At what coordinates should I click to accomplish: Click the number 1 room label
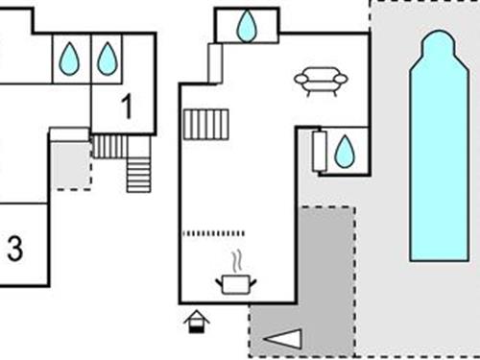pyautogui.click(x=127, y=107)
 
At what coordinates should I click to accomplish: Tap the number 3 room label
pyautogui.click(x=14, y=250)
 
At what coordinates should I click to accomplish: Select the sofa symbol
pyautogui.click(x=321, y=81)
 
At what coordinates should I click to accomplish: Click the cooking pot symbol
pyautogui.click(x=236, y=283)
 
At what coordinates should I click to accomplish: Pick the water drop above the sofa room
pyautogui.click(x=248, y=26)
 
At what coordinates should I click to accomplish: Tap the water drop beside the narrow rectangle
pyautogui.click(x=345, y=151)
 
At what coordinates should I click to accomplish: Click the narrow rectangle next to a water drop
pyautogui.click(x=321, y=152)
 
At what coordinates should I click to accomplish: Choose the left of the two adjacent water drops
pyautogui.click(x=69, y=60)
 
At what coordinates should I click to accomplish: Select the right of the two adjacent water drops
pyautogui.click(x=108, y=60)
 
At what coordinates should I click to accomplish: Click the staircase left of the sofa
pyautogui.click(x=205, y=125)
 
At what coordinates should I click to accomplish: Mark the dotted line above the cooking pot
pyautogui.click(x=213, y=233)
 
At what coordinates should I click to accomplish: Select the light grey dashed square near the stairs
pyautogui.click(x=70, y=166)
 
